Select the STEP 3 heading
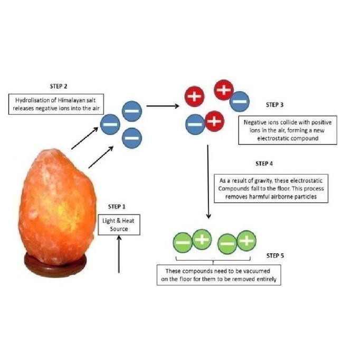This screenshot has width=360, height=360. [x=275, y=105]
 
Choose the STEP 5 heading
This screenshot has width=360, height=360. [x=274, y=255]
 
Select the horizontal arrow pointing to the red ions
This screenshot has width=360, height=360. [x=160, y=106]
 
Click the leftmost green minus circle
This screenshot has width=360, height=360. [x=182, y=242]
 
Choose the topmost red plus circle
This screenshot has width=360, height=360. [x=223, y=89]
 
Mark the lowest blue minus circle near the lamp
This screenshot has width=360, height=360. [x=131, y=138]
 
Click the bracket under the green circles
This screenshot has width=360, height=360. [x=218, y=259]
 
